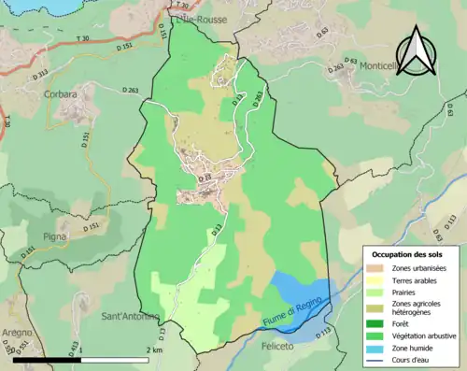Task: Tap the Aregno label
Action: [x=16, y=333]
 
